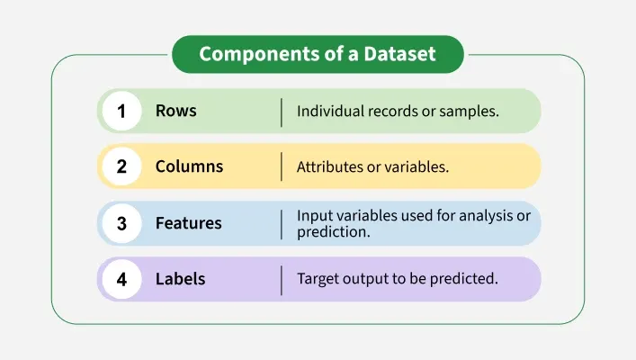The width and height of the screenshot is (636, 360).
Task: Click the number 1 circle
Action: tap(121, 112)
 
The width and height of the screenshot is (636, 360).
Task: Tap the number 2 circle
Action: tap(121, 167)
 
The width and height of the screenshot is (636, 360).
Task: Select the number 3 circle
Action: tap(121, 223)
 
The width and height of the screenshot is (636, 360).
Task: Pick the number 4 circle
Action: tap(121, 279)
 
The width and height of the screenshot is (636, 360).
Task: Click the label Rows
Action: tap(175, 112)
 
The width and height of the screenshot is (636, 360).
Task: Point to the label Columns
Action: tap(189, 167)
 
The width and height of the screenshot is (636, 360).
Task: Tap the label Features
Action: tap(189, 223)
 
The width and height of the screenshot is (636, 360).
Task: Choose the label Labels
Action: tap(180, 279)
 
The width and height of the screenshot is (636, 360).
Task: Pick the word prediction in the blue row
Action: tap(334, 231)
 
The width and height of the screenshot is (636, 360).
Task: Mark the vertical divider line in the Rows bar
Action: tap(282, 112)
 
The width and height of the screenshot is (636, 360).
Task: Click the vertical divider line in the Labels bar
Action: tap(282, 279)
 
